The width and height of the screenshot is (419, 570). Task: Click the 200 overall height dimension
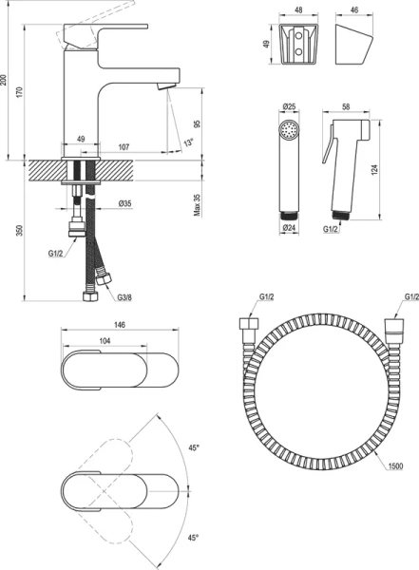tap(4, 80)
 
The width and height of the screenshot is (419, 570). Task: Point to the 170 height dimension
tap(20, 92)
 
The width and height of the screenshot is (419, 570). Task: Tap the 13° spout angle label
tap(188, 142)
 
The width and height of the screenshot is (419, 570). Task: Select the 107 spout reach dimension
tap(124, 147)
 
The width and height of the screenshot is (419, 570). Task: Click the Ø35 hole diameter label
tap(124, 204)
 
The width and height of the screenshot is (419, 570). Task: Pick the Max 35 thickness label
tap(197, 205)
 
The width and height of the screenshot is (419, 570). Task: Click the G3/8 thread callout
tap(124, 297)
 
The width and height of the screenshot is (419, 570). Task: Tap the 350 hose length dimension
tap(20, 230)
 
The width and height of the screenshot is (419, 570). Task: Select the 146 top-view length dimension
tap(120, 324)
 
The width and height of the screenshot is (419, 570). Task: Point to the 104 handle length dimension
tap(105, 341)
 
